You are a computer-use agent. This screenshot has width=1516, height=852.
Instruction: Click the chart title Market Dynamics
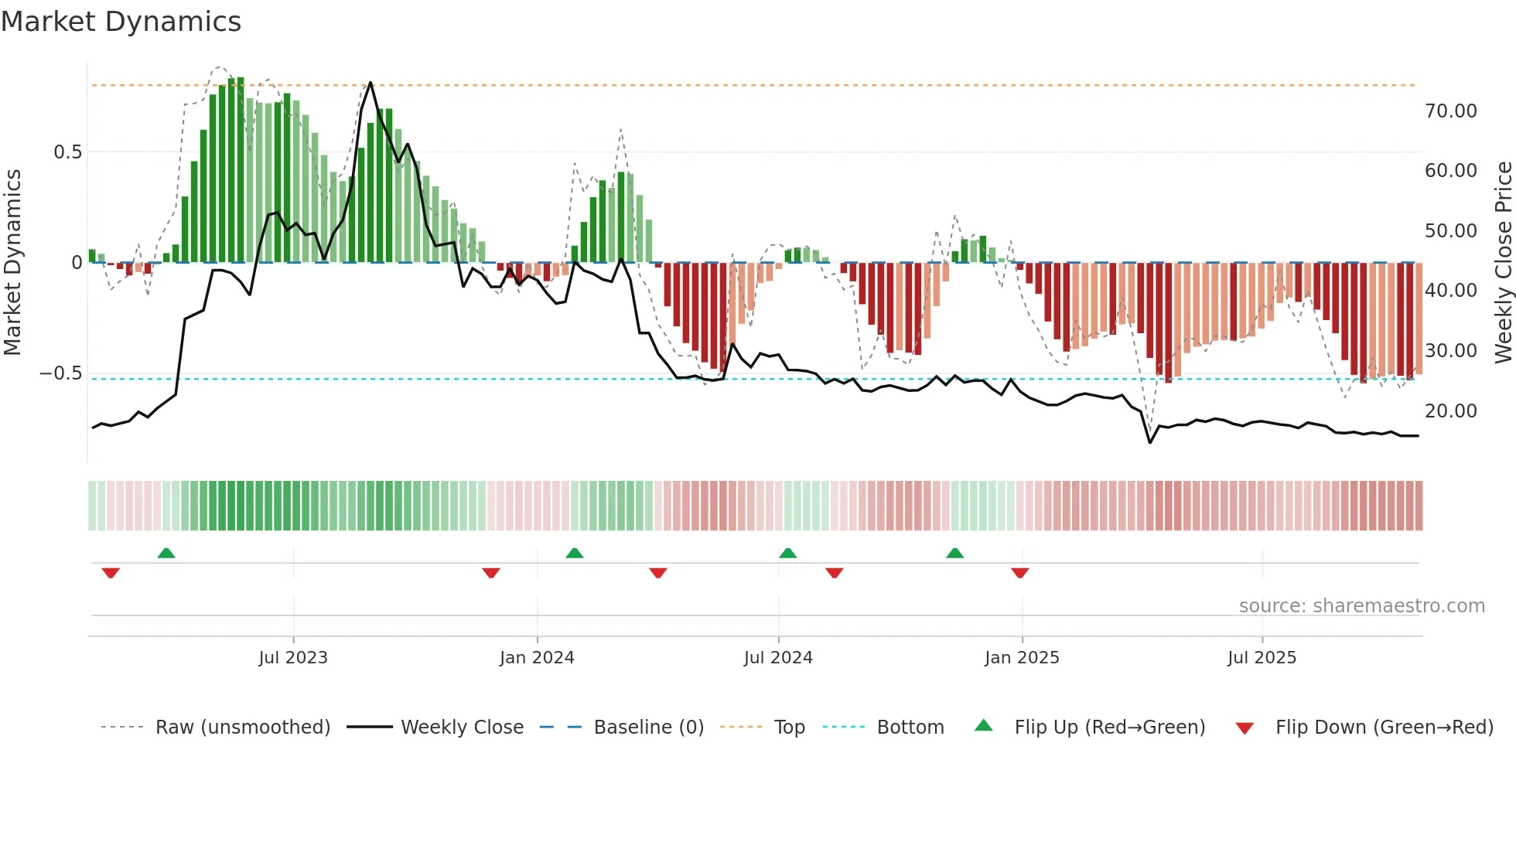(x=121, y=22)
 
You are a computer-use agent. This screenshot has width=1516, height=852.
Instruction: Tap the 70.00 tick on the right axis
(x=1450, y=111)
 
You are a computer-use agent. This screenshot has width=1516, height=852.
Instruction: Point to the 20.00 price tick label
(x=1450, y=411)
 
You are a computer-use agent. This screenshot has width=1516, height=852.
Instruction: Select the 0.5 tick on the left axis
(x=67, y=152)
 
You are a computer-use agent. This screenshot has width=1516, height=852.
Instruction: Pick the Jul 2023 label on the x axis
(x=293, y=658)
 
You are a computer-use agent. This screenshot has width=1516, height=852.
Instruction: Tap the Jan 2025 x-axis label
(x=1022, y=658)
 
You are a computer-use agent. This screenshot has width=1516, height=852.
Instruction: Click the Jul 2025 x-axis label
(x=1262, y=658)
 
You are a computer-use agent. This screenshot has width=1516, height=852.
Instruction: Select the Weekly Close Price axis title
(x=1503, y=263)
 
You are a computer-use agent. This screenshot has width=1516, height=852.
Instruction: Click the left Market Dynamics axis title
(x=12, y=263)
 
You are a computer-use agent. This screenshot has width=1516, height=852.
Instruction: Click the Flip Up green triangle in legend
(x=983, y=726)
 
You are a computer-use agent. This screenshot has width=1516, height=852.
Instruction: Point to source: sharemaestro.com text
(x=1361, y=606)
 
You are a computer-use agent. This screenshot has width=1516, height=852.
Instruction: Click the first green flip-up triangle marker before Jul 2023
(x=166, y=553)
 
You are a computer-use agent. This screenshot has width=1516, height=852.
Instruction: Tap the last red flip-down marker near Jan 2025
(x=1019, y=573)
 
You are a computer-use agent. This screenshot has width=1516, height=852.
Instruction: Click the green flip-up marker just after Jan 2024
(x=574, y=553)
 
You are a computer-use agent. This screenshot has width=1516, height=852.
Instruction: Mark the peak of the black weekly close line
(x=370, y=83)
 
